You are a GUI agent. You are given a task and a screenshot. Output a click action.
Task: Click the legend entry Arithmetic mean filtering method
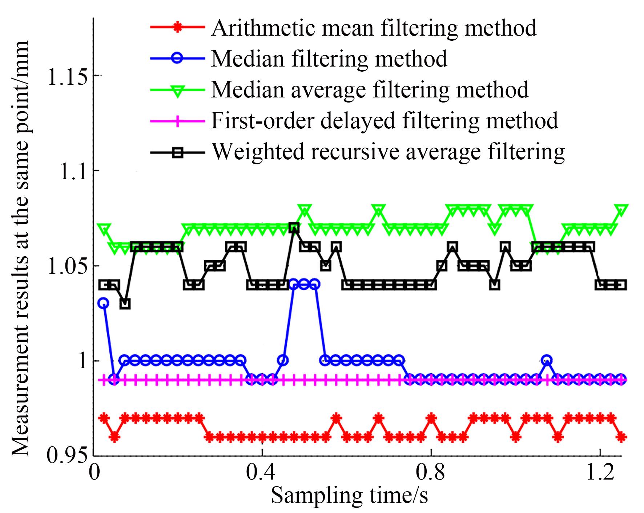tap(374, 28)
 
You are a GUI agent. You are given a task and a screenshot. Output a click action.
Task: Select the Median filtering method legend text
tap(329, 59)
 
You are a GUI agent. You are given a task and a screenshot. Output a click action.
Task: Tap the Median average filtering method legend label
tap(370, 89)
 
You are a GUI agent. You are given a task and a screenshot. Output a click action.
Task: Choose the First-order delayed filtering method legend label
tap(384, 120)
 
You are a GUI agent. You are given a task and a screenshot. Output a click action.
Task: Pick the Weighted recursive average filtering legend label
tap(388, 151)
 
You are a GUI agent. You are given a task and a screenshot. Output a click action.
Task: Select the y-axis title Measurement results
tap(20, 248)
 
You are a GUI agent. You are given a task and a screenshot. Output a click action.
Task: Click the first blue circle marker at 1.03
tap(104, 303)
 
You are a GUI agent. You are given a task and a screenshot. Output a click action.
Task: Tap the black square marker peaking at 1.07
tap(294, 228)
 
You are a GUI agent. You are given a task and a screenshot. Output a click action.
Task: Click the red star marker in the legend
tap(177, 28)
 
